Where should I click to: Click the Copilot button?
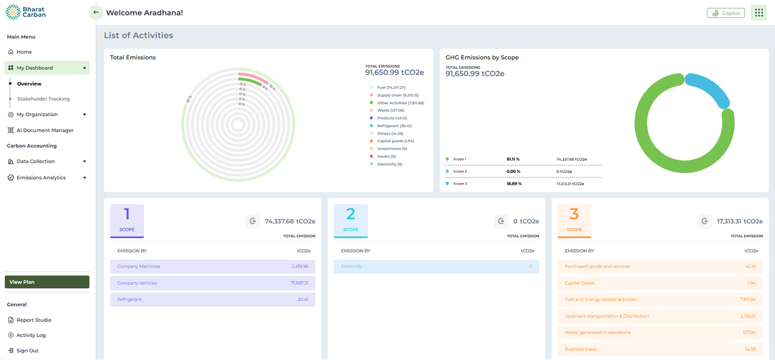tap(726, 13)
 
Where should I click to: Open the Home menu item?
tap(24, 52)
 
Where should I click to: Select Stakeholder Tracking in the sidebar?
tap(43, 99)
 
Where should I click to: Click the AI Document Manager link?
tap(44, 130)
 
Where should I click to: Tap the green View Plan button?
tap(47, 282)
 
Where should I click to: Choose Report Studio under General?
tap(34, 320)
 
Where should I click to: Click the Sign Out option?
tap(27, 350)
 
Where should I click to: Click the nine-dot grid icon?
tap(759, 13)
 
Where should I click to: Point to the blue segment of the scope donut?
tap(709, 89)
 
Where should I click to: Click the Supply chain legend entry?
tap(397, 95)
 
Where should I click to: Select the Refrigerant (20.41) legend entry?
tap(394, 126)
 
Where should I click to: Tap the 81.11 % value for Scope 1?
tap(513, 159)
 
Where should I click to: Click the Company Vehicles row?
tap(212, 283)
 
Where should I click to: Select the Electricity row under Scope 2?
tap(436, 267)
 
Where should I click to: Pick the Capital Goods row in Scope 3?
tap(659, 283)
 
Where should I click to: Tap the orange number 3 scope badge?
tap(574, 220)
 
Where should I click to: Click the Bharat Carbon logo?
tap(25, 12)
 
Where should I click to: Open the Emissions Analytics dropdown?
tap(47, 178)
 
